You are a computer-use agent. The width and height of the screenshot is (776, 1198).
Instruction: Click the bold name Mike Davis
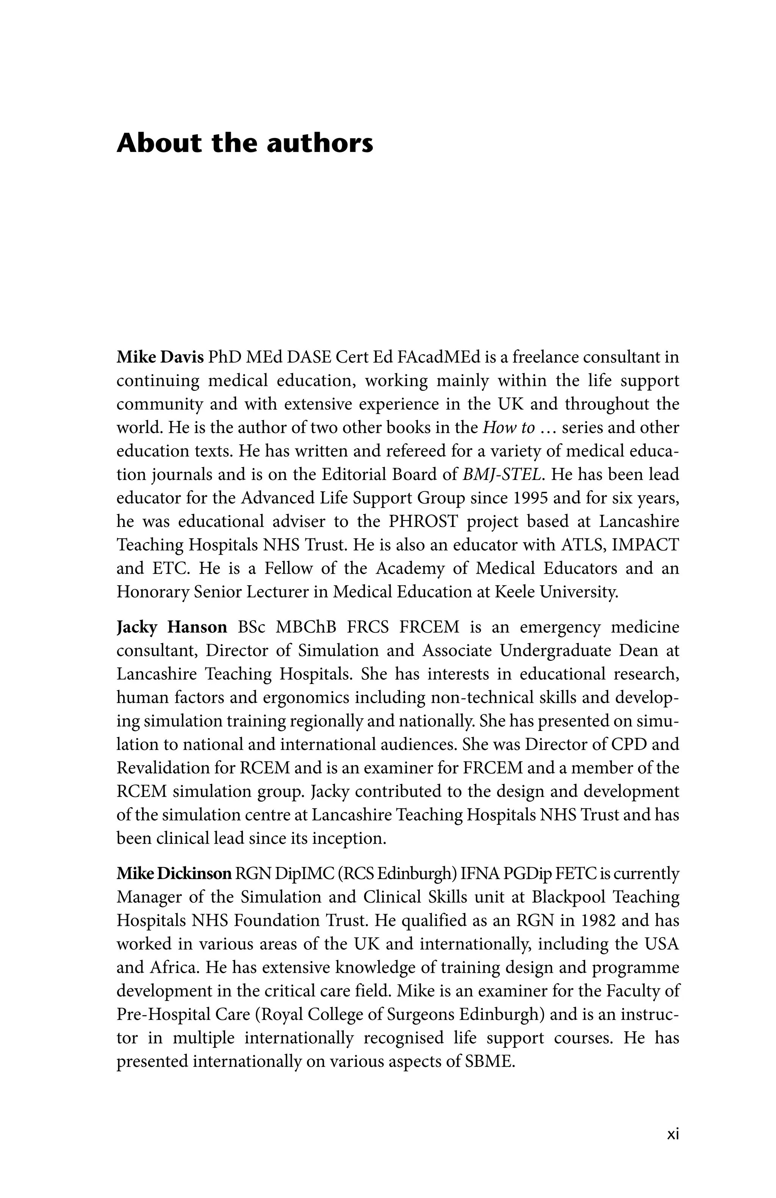160,358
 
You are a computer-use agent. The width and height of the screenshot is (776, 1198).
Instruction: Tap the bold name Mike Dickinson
174,874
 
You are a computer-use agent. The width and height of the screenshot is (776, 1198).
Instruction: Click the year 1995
530,498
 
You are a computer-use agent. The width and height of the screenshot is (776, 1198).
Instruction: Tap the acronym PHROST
423,522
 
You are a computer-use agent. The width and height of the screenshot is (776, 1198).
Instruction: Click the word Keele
515,592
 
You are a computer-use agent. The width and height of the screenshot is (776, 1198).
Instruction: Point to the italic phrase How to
508,428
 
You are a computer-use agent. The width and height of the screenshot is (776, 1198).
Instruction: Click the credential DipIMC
304,874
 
